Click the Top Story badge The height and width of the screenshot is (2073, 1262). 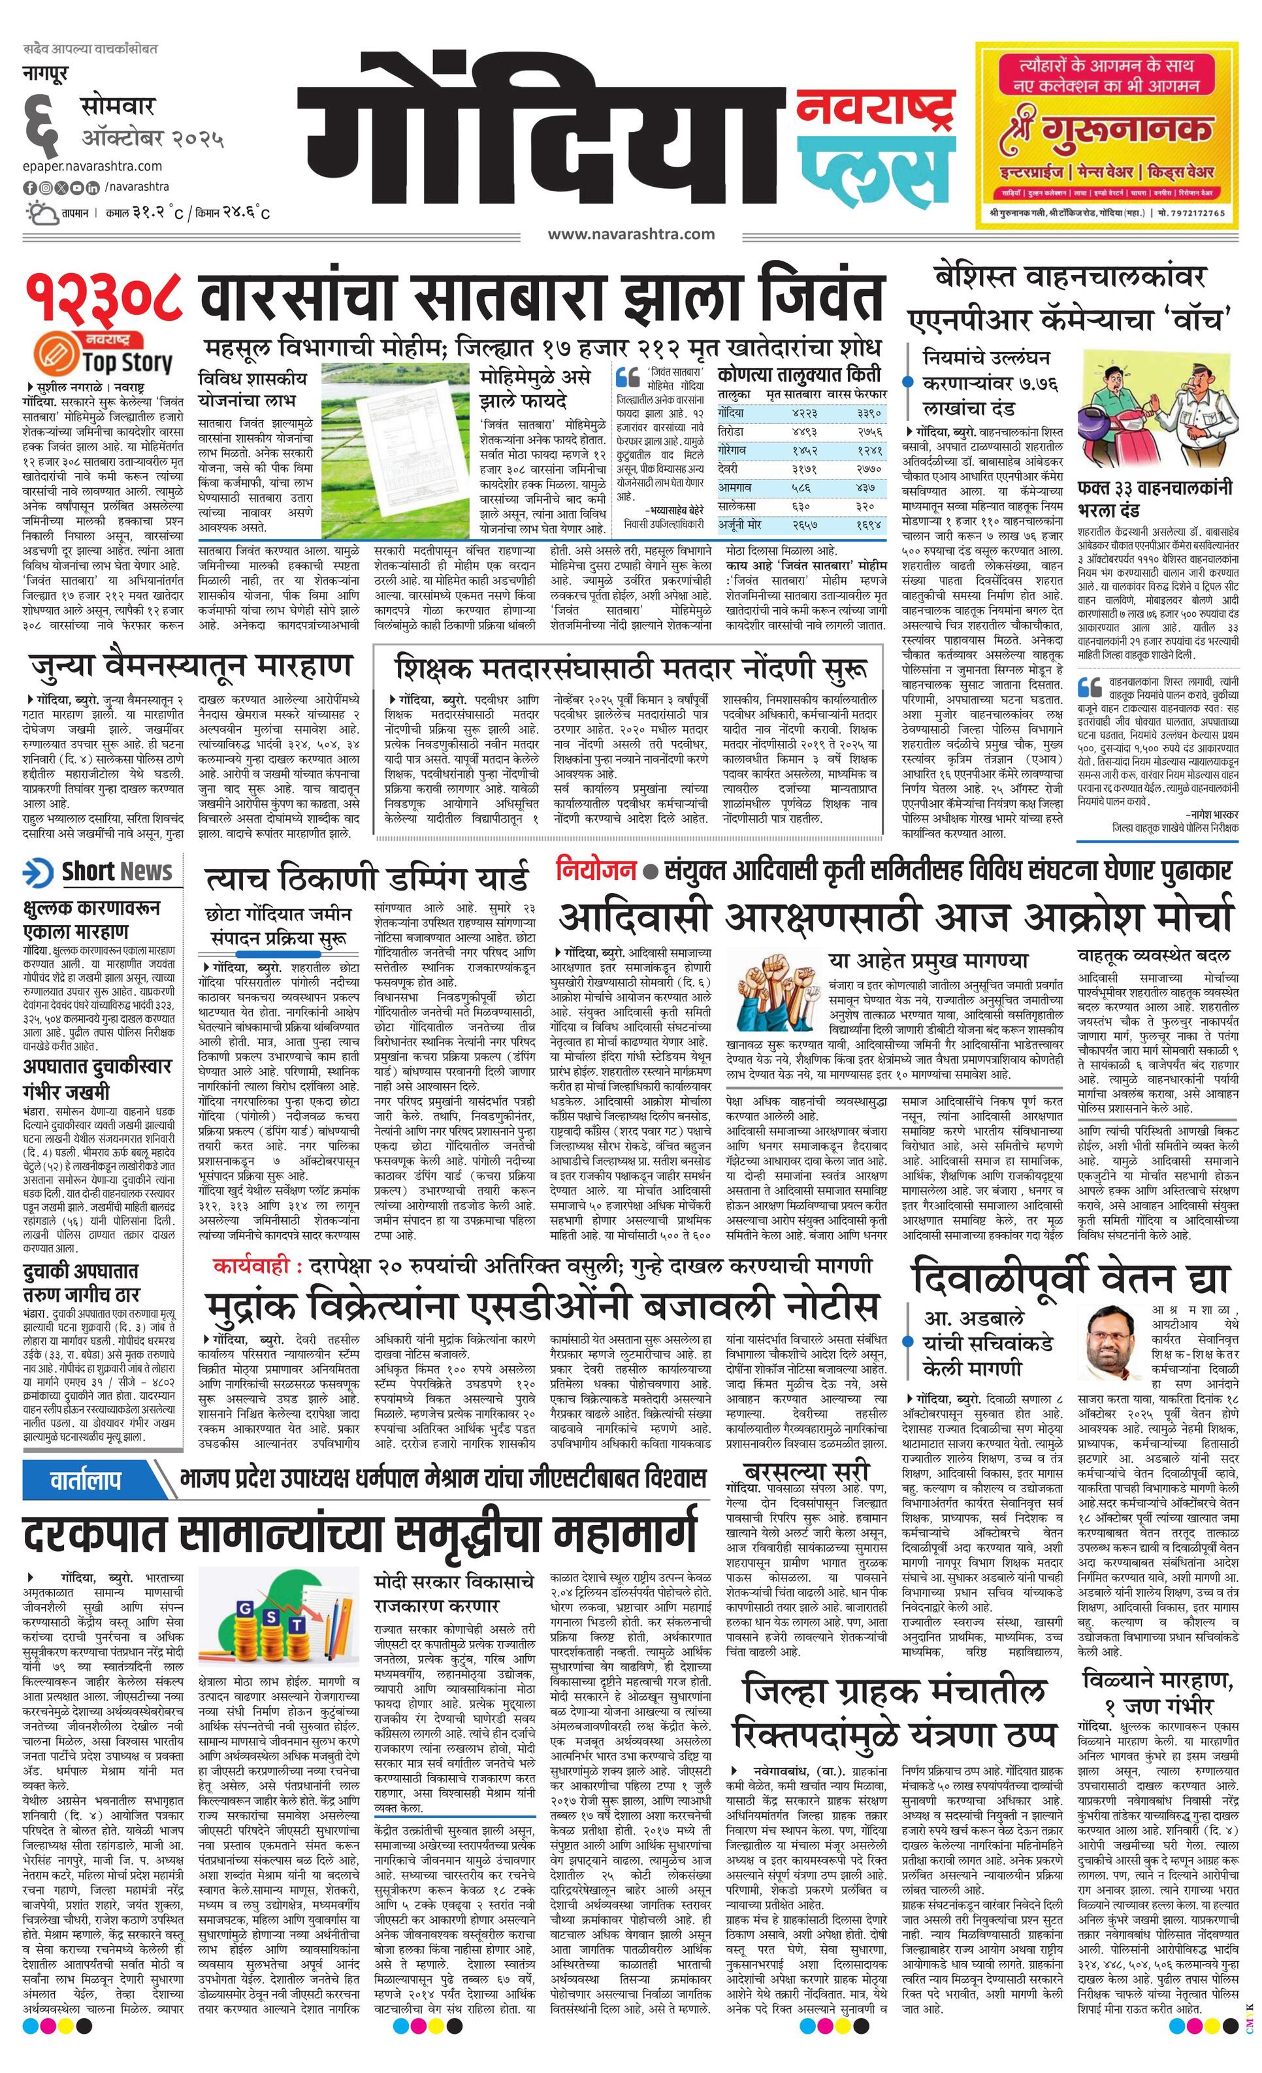[x=105, y=354]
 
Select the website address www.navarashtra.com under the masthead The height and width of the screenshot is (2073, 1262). [x=631, y=234]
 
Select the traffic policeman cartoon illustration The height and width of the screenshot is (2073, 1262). [x=1157, y=421]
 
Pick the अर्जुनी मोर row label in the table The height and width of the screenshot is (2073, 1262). [x=739, y=524]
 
